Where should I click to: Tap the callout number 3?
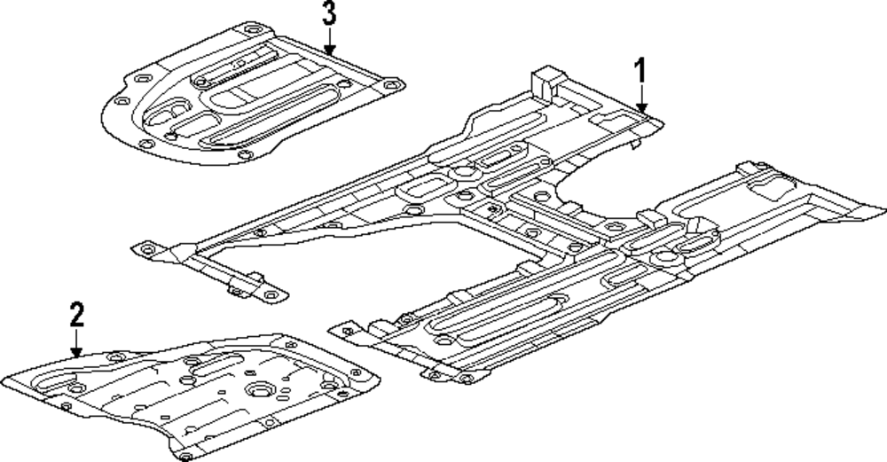pos(329,13)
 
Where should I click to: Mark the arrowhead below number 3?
pos(329,52)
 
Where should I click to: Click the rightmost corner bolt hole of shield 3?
pos(388,86)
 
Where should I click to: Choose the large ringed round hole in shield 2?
pos(263,391)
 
